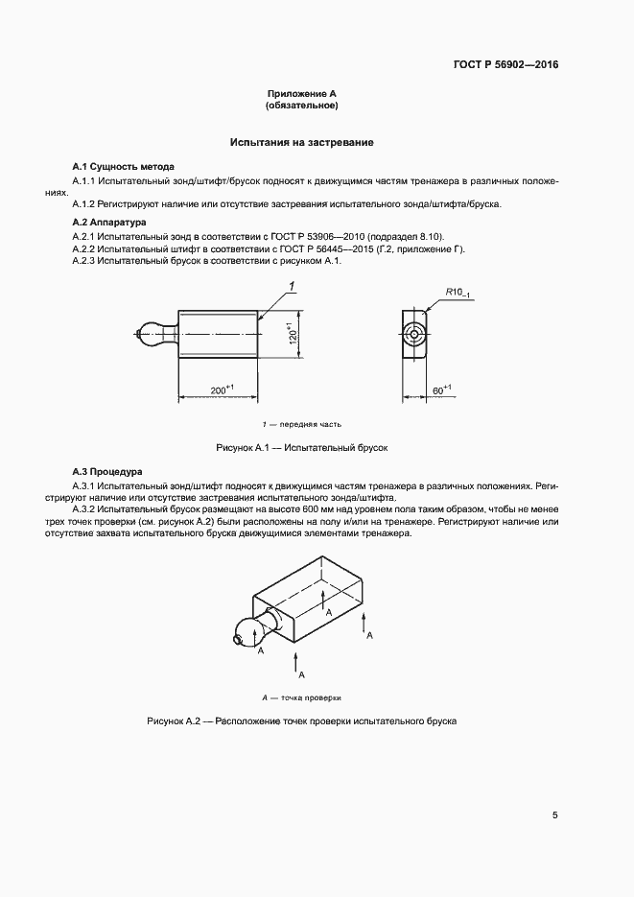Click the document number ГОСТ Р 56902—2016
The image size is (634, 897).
(505, 65)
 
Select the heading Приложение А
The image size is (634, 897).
(301, 94)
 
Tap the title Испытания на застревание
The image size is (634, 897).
(301, 143)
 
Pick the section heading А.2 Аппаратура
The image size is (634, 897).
(109, 222)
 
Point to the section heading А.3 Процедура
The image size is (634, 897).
(108, 472)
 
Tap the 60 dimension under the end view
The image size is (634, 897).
(440, 389)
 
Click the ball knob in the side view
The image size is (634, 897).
(152, 333)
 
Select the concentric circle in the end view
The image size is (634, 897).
(415, 333)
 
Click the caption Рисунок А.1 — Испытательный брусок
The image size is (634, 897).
(301, 448)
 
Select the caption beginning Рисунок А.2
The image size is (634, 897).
(301, 720)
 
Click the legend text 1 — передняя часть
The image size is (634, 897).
(301, 424)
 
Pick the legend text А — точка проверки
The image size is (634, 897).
(301, 697)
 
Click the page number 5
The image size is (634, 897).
(554, 815)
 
